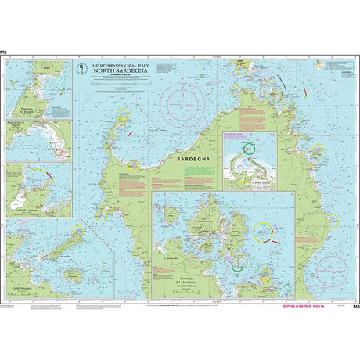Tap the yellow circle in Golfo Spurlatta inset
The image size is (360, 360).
point(78,232)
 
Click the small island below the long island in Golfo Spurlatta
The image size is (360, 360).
point(73,275)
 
